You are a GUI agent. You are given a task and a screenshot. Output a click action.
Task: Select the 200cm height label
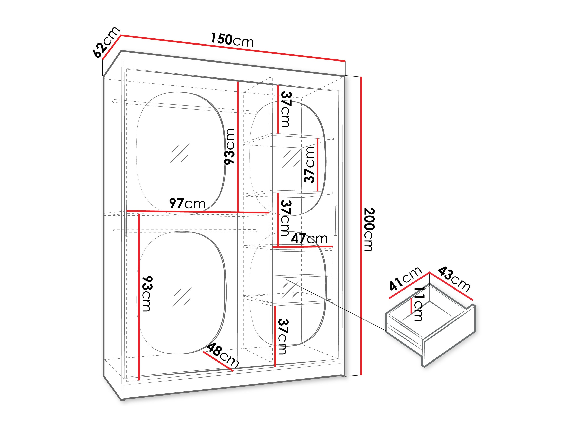click(x=369, y=229)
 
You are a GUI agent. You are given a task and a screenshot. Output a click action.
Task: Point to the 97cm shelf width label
click(x=187, y=203)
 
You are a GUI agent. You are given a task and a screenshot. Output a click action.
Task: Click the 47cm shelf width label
click(x=309, y=239)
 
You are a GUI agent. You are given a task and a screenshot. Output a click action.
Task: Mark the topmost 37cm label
click(x=285, y=109)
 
